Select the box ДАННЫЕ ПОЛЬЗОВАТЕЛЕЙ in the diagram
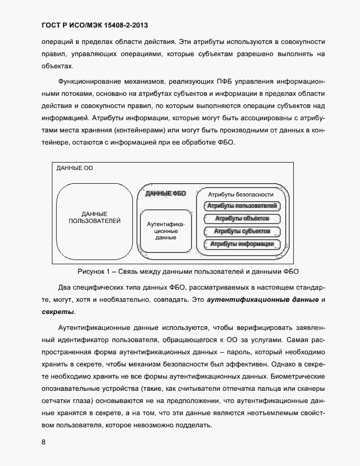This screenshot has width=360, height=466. pos(94,217)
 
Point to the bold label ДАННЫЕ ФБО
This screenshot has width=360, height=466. pos(165,194)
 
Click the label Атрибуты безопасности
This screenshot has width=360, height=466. pos(240,194)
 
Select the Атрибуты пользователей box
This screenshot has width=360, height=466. pos(241,206)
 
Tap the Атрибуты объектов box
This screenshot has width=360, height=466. pos(241,219)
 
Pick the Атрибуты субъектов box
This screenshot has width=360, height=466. pos(241,231)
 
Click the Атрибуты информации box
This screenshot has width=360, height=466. pos(241,244)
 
